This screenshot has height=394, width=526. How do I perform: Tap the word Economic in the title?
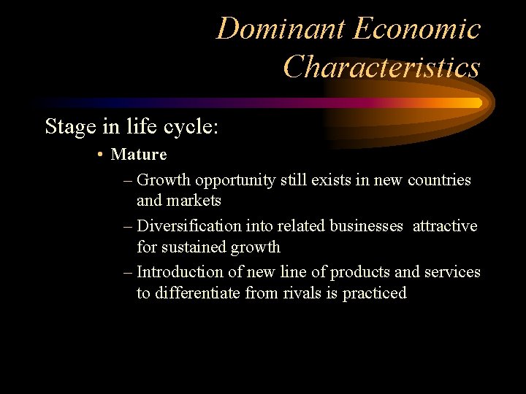[417, 29]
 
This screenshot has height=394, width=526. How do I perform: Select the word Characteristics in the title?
[381, 67]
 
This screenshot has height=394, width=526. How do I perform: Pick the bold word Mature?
[139, 155]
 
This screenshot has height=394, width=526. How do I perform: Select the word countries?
[439, 179]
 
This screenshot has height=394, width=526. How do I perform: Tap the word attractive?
[445, 226]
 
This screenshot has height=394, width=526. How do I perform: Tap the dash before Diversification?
[129, 226]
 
